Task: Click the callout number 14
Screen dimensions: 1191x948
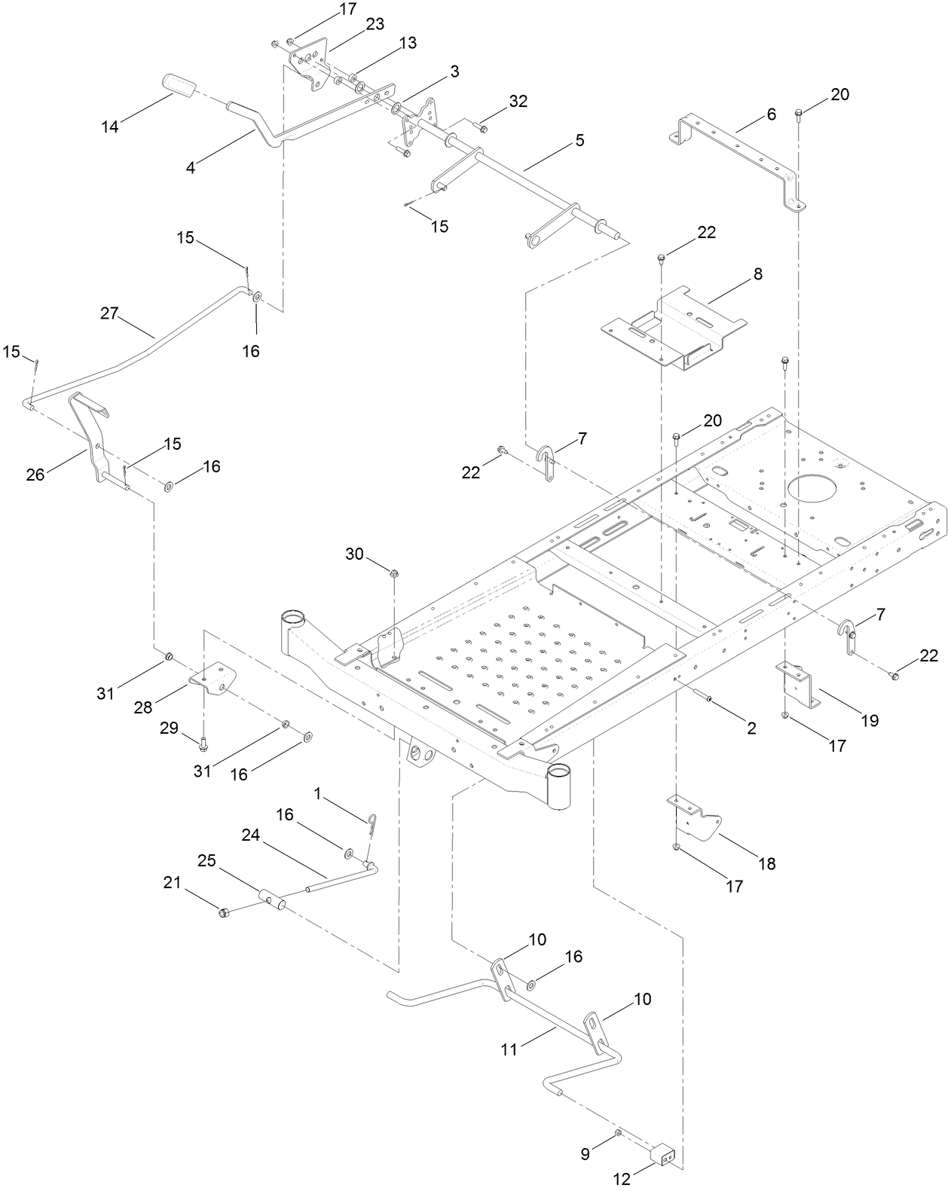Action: [110, 127]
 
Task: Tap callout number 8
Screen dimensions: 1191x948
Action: [757, 274]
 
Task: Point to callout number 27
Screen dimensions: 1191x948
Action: [109, 313]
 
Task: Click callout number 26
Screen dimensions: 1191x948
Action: [35, 474]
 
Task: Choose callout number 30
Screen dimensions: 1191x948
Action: [354, 554]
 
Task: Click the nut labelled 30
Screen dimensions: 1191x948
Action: [393, 575]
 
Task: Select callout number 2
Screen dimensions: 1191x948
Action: [751, 728]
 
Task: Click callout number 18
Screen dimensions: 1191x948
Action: [766, 863]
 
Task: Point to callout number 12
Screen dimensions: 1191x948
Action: [621, 1179]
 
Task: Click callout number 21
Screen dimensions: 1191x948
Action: [173, 882]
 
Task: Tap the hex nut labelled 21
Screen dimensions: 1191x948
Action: [223, 914]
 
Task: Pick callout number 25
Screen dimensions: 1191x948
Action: [206, 860]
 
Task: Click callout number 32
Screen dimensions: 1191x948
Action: [518, 101]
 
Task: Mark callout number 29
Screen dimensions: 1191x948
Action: [170, 728]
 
